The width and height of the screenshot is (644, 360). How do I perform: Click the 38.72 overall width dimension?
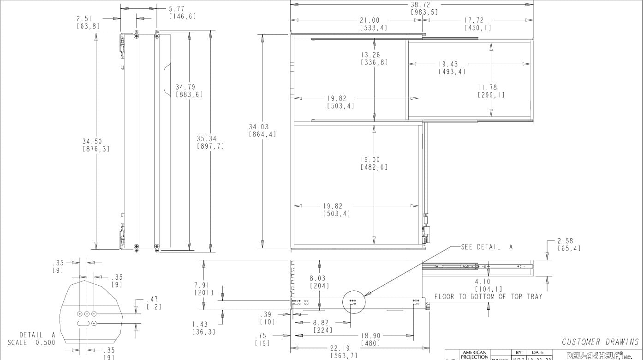[420, 5]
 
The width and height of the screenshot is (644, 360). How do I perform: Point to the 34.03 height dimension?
[259, 126]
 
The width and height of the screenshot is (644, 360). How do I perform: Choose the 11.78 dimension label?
[488, 87]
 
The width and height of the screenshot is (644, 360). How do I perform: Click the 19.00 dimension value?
[370, 160]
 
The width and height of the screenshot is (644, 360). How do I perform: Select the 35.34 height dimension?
[206, 138]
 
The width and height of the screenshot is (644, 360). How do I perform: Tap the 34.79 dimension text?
[185, 87]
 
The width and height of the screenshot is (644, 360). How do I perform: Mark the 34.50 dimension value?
[92, 141]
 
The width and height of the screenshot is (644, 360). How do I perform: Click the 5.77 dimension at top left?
[177, 9]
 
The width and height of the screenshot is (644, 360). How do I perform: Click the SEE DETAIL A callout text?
[487, 247]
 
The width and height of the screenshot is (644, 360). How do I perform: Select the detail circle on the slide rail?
[353, 303]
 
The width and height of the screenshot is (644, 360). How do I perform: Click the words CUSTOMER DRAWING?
[600, 342]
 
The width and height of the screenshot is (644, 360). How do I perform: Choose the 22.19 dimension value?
[340, 348]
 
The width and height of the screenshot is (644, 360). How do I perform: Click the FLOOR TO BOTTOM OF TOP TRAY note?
[489, 296]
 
